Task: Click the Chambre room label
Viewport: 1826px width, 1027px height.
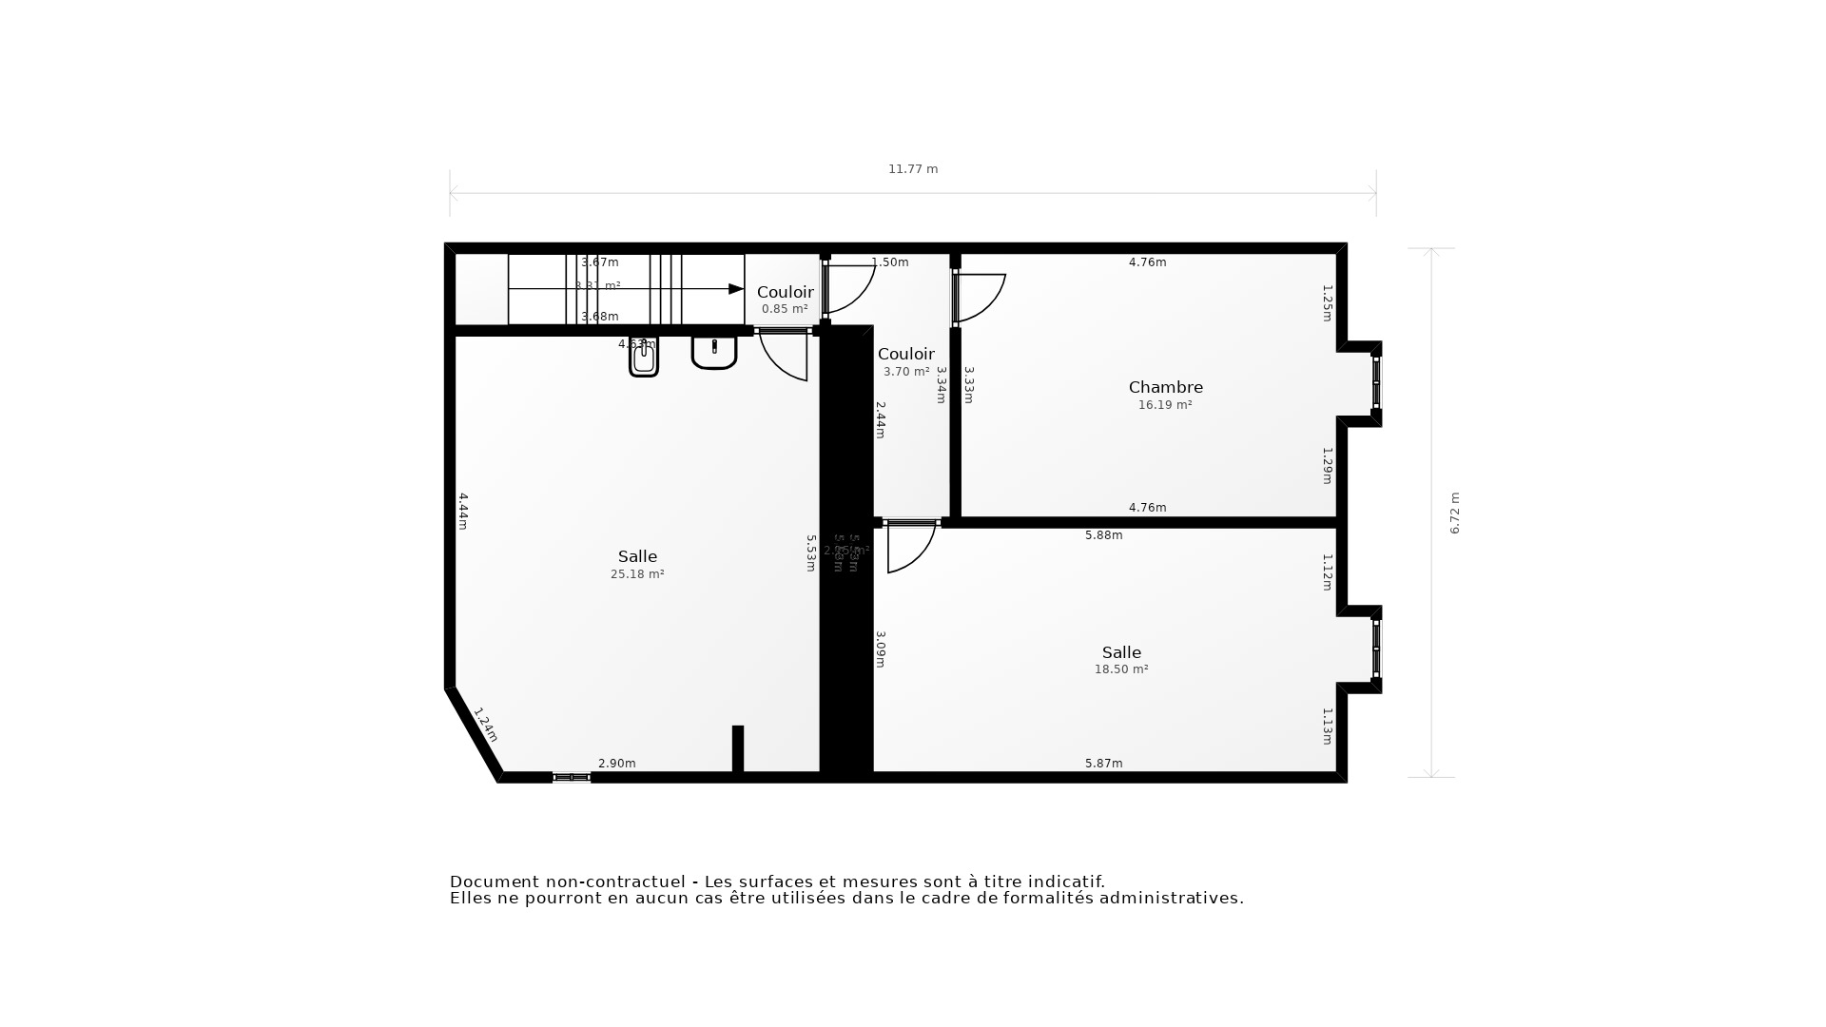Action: pos(1165,387)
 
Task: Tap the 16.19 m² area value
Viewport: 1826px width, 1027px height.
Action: pos(1165,405)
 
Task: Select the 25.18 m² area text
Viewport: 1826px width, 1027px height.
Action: pos(637,574)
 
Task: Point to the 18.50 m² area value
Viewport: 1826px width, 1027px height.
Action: pos(1121,669)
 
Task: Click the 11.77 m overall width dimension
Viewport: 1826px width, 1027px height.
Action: pos(913,169)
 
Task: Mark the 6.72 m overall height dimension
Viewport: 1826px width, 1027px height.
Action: pos(1454,513)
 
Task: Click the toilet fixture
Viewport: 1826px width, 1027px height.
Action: pos(644,358)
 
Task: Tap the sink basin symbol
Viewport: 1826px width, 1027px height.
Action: pos(713,352)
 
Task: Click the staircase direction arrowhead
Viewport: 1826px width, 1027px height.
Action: pos(736,289)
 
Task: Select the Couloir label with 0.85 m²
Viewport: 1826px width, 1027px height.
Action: pos(785,292)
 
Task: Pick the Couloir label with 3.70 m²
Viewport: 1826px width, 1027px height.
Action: pos(905,355)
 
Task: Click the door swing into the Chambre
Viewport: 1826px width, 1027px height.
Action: pos(981,297)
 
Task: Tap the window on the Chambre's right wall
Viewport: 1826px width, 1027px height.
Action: pos(1376,382)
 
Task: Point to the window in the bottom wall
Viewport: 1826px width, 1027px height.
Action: pos(572,778)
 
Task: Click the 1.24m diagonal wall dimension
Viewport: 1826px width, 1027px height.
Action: pos(485,725)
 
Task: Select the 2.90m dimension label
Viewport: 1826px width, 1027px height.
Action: pos(616,764)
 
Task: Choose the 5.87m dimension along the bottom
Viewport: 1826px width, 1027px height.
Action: pos(1103,764)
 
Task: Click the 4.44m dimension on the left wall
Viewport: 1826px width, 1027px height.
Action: pos(463,511)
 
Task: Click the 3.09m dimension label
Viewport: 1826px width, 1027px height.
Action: pos(881,649)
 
